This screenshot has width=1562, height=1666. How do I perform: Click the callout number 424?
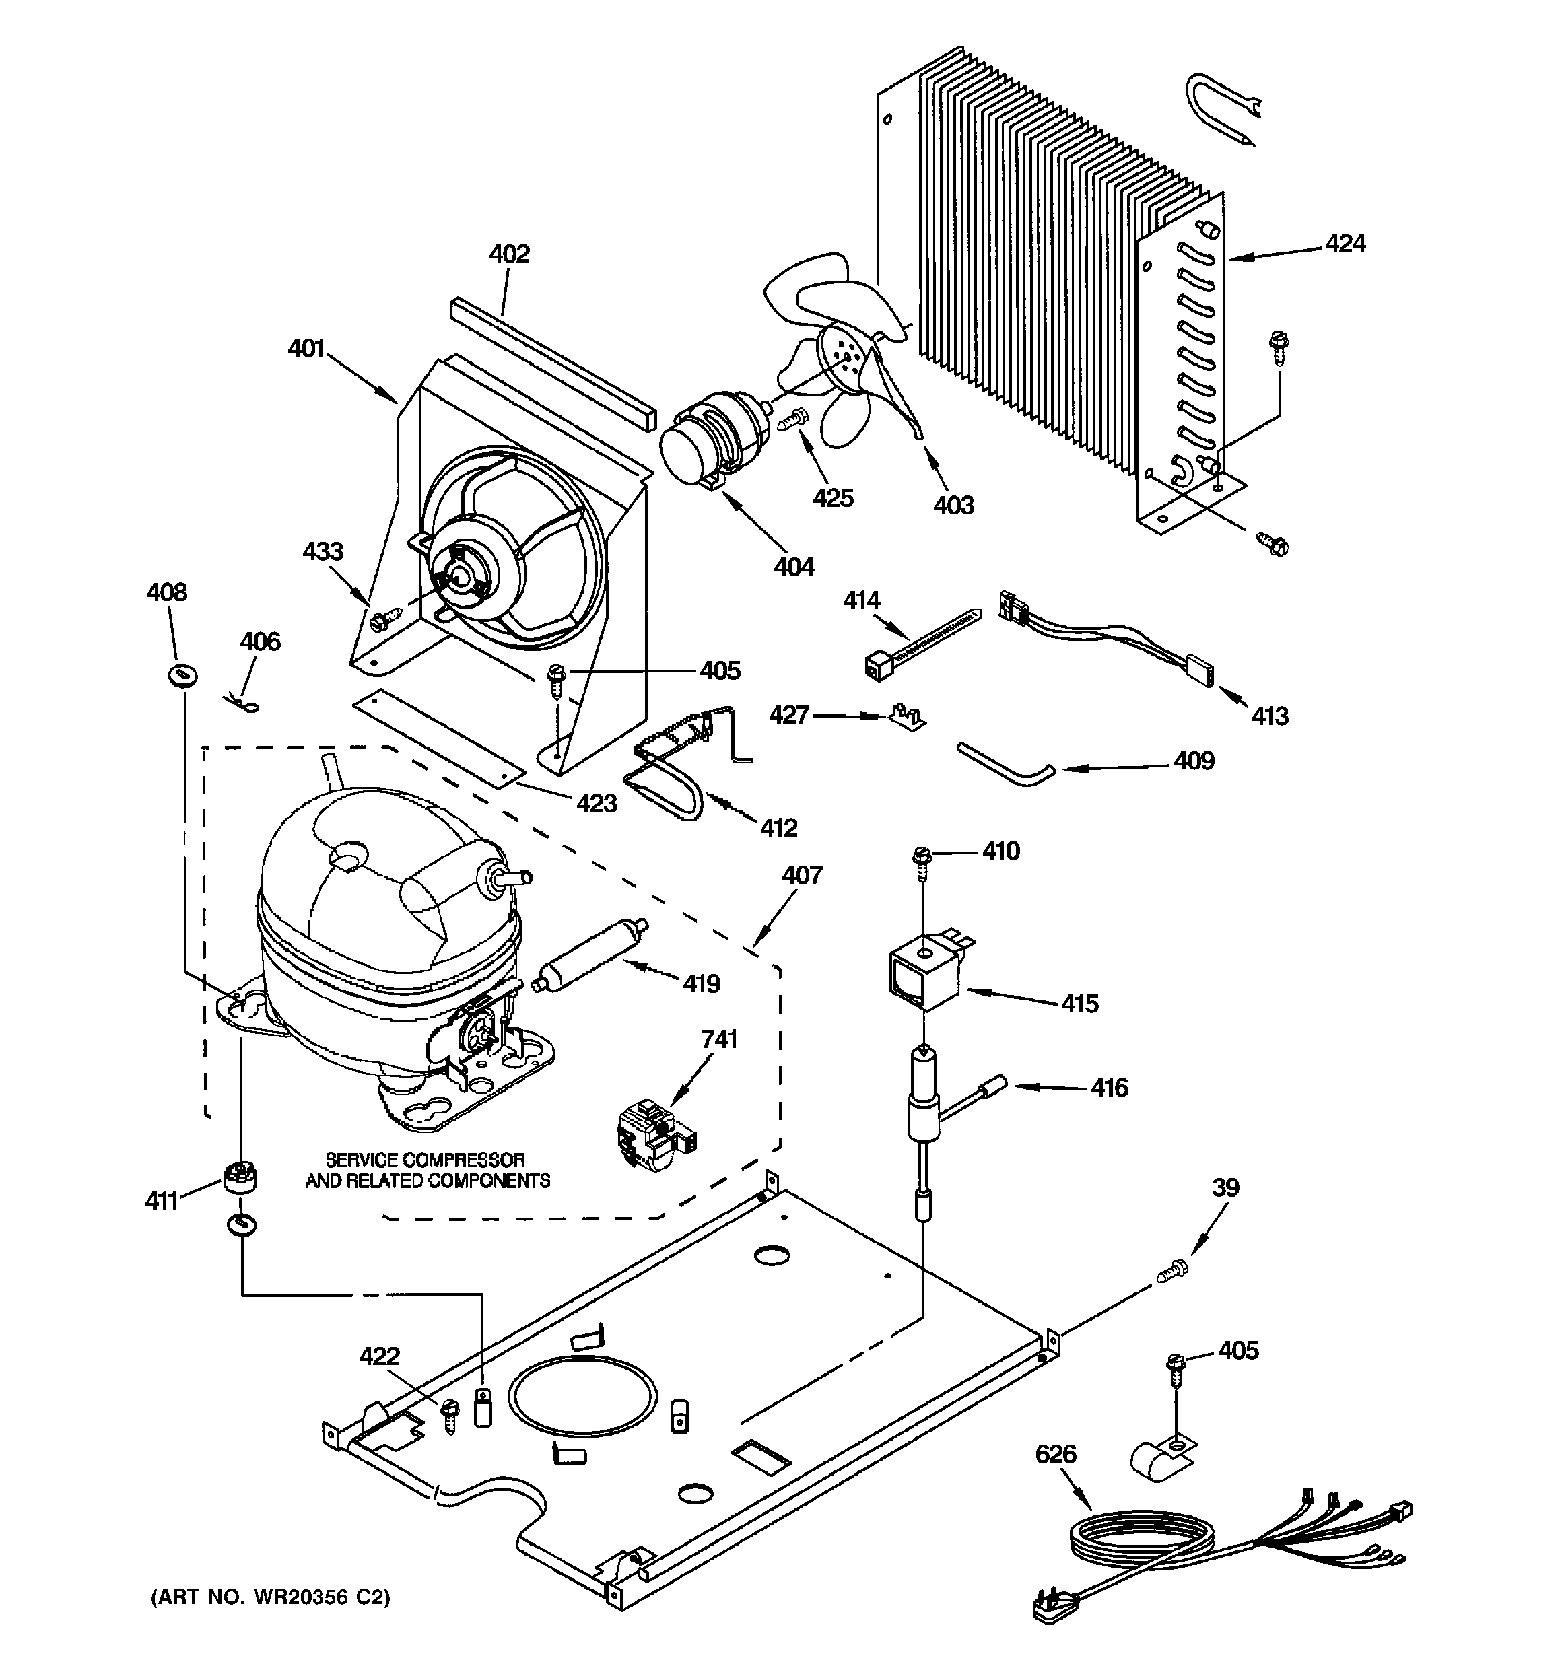[1345, 244]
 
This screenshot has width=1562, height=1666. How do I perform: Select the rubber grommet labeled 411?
[240, 1177]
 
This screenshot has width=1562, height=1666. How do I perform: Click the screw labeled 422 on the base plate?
[451, 1416]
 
